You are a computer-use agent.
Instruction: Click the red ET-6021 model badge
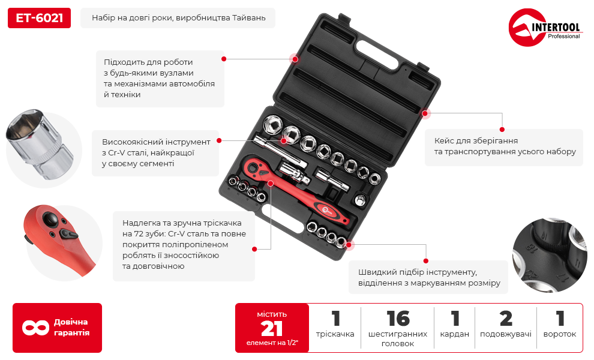click(39, 18)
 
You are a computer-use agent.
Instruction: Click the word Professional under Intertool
click(563, 37)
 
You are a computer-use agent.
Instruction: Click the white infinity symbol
click(35, 328)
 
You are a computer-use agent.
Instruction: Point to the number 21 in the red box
click(272, 329)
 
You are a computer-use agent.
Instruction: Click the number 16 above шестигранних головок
click(398, 319)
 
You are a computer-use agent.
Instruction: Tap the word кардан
click(455, 334)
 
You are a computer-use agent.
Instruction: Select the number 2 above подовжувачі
click(506, 319)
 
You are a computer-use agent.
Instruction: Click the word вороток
click(560, 334)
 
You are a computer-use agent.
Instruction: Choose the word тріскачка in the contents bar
click(335, 334)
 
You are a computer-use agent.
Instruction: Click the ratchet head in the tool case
click(254, 166)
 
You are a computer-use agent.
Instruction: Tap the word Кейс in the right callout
click(445, 140)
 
